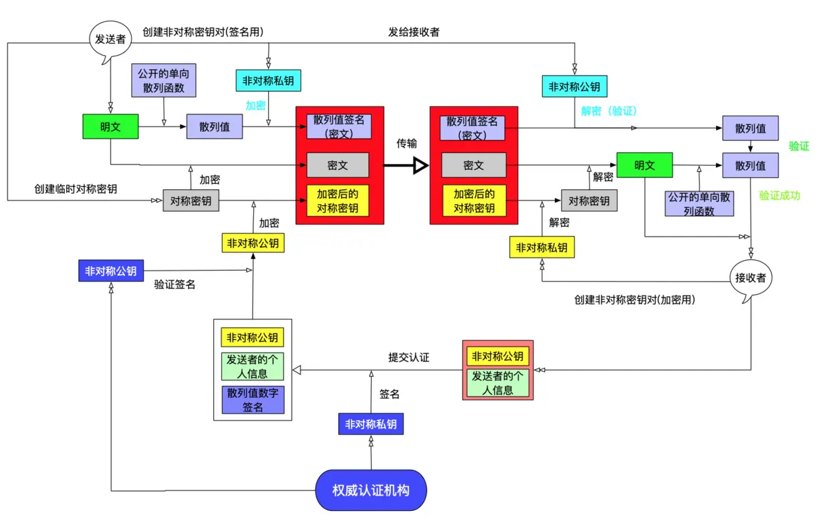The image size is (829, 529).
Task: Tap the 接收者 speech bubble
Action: [x=750, y=278]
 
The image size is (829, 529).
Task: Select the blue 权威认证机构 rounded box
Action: [x=370, y=490]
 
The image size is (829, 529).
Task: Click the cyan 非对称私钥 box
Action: [x=268, y=81]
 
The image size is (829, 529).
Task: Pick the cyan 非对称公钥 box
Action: [x=574, y=86]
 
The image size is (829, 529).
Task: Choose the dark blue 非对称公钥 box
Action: [x=110, y=271]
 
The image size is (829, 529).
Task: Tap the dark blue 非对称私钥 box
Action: [x=370, y=424]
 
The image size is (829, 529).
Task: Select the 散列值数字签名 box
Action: [x=253, y=399]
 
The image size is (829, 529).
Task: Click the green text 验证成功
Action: [x=780, y=196]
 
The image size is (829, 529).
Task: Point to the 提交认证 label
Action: [x=408, y=357]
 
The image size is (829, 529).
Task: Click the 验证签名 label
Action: [x=174, y=285]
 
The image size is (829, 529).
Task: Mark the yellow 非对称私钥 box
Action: [x=542, y=247]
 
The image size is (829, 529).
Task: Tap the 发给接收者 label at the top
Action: [x=414, y=31]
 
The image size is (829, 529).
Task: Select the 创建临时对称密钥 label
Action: [x=76, y=189]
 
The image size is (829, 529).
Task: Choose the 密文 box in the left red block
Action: [x=338, y=165]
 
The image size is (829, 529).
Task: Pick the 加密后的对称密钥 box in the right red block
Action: [x=474, y=201]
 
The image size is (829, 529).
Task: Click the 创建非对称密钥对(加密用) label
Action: [x=634, y=300]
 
